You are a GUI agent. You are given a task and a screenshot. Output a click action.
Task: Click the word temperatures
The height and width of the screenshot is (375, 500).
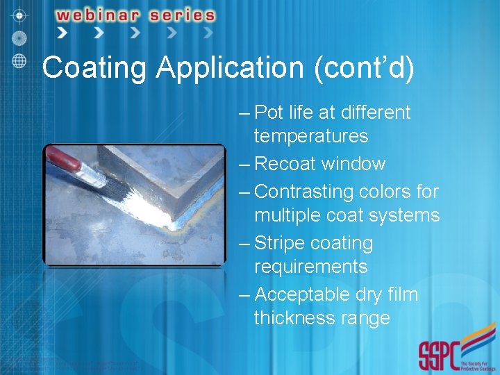click(x=310, y=136)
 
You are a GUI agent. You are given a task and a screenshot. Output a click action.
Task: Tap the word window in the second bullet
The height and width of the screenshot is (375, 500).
click(x=358, y=164)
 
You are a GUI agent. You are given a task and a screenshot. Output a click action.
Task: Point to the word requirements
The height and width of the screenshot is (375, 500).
click(x=310, y=267)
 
